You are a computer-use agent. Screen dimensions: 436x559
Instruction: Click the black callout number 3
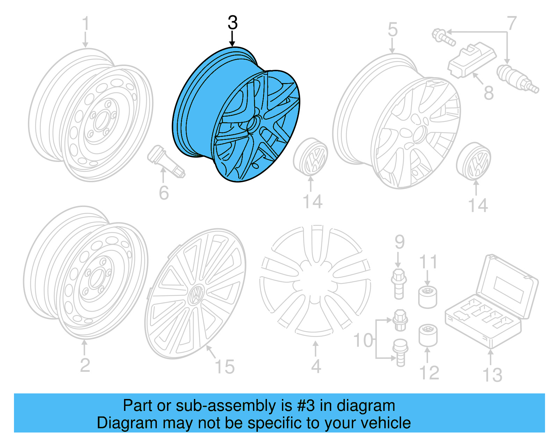click(x=233, y=23)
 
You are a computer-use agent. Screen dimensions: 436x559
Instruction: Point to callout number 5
click(x=392, y=29)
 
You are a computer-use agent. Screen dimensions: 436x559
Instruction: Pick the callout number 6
click(x=164, y=193)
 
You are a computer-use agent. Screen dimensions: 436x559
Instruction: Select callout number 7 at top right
click(x=511, y=23)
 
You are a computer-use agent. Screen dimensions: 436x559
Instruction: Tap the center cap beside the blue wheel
click(x=310, y=157)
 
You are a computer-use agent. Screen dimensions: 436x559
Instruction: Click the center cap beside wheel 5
click(x=474, y=161)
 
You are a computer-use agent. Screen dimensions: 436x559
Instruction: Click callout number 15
click(x=225, y=367)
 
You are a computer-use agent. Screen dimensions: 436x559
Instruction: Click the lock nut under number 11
click(x=428, y=297)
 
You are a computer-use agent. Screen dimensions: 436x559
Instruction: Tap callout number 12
click(x=429, y=372)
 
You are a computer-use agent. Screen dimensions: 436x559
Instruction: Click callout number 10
click(x=363, y=340)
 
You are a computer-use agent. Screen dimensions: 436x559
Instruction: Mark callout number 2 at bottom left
click(x=85, y=365)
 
